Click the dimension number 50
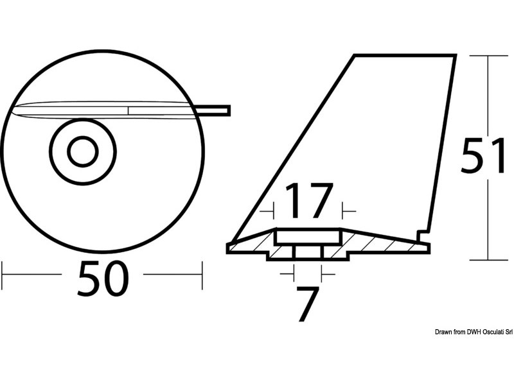tap(103, 279)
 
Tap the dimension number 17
tap(308, 201)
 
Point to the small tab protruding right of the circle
tap(216, 110)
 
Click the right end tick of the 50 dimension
tap(202, 274)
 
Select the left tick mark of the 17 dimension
tap(273, 209)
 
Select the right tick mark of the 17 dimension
tap(344, 209)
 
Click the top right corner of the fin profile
tap(456, 56)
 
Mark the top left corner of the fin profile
tap(354, 56)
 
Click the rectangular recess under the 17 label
tap(308, 237)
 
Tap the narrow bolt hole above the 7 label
tap(307, 251)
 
